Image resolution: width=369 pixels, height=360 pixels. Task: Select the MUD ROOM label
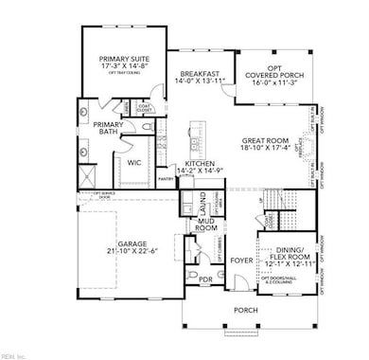tap(205, 225)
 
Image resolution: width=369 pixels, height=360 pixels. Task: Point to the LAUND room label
tap(200, 202)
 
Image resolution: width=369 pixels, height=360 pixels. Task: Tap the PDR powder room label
tap(206, 279)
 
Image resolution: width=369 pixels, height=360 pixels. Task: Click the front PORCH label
tap(233, 310)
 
